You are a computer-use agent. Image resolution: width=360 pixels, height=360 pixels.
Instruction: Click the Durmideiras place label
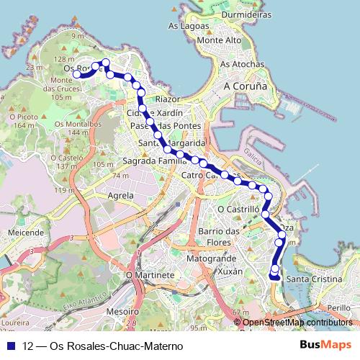tap(246, 14)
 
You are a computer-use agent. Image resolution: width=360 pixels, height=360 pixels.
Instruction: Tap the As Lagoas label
tap(182, 25)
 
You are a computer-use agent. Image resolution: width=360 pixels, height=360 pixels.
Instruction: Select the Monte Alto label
tap(219, 40)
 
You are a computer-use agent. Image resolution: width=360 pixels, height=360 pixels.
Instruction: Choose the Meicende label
tap(26, 233)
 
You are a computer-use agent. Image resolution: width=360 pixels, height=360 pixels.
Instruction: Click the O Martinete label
tap(150, 274)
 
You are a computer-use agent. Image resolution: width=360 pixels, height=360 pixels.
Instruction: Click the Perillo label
tap(338, 307)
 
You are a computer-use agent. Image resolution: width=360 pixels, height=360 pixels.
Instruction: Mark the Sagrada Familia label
tap(150, 161)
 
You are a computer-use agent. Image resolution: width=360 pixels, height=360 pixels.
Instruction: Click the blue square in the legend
tap(10, 346)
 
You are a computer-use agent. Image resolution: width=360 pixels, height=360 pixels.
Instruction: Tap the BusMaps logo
tap(325, 345)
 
